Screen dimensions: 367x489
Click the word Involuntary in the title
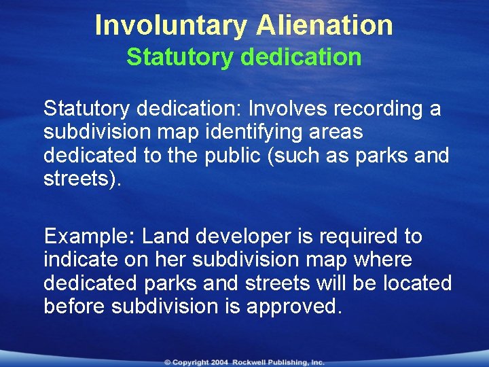(172, 26)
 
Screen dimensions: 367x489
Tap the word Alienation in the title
(325, 26)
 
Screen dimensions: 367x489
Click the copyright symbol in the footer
(166, 363)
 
